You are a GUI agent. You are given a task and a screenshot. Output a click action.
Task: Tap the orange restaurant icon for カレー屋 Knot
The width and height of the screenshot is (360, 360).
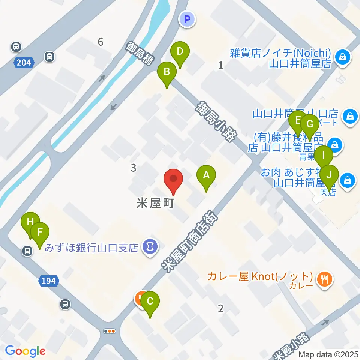tap(322, 278)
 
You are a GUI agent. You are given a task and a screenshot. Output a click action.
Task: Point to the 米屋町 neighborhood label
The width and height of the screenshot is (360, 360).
tap(154, 204)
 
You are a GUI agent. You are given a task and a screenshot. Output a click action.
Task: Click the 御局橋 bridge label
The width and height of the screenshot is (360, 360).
tap(138, 54)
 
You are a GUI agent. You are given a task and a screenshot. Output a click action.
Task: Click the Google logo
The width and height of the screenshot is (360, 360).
tap(25, 351)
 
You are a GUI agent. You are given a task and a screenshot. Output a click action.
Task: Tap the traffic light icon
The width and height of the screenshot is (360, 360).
tap(109, 331)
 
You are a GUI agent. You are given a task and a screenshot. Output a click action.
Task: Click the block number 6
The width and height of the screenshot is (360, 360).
tap(100, 42)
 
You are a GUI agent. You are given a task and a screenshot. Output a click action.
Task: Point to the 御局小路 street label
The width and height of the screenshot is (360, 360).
tap(214, 120)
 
